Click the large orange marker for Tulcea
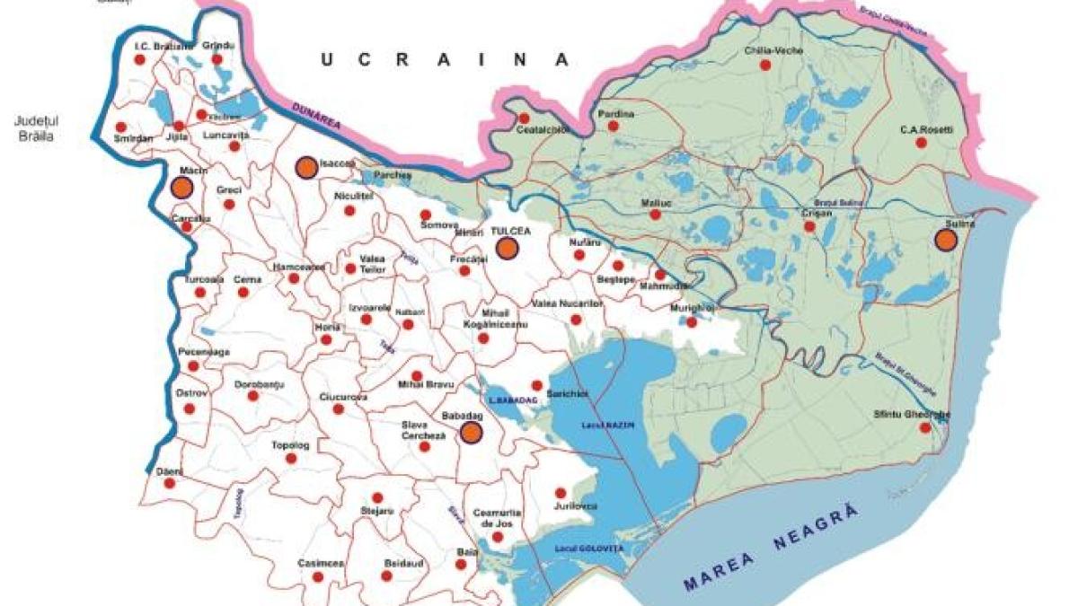pyautogui.click(x=508, y=249)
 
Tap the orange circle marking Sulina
pyautogui.click(x=945, y=240)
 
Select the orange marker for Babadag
pyautogui.click(x=471, y=433)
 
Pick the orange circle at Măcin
pyautogui.click(x=181, y=188)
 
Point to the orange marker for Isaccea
pyautogui.click(x=306, y=168)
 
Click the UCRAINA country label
pyautogui.click(x=446, y=60)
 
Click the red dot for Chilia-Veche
pyautogui.click(x=765, y=66)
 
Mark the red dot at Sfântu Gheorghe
pyautogui.click(x=924, y=428)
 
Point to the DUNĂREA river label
pyautogui.click(x=316, y=119)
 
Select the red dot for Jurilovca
pyautogui.click(x=561, y=493)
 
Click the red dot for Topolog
pyautogui.click(x=290, y=458)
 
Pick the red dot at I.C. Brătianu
pyautogui.click(x=139, y=60)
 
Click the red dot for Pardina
pyautogui.click(x=614, y=127)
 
